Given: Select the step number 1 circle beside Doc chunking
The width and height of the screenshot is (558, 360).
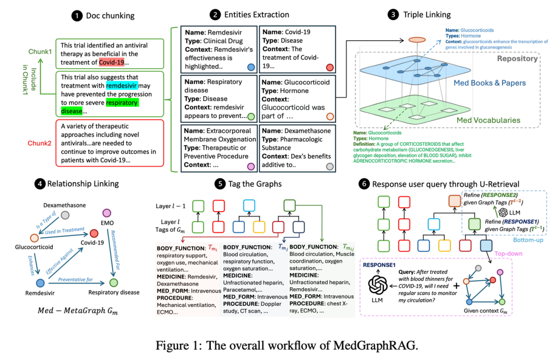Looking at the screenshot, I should pos(77,15).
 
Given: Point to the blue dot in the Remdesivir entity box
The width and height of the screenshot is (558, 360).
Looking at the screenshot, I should pos(251,67).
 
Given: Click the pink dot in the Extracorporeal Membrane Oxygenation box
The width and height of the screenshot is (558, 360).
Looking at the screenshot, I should pos(251,166).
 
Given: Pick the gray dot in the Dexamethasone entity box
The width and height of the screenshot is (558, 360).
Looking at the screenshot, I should pos(330,166).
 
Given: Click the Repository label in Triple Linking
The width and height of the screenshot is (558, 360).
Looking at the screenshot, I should pos(517,58).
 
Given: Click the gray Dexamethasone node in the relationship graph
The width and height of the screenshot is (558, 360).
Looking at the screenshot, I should pos(65,215).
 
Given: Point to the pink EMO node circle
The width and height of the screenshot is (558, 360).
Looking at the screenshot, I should pos(108,213).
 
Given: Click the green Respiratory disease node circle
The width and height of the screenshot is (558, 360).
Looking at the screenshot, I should pos(113,283).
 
